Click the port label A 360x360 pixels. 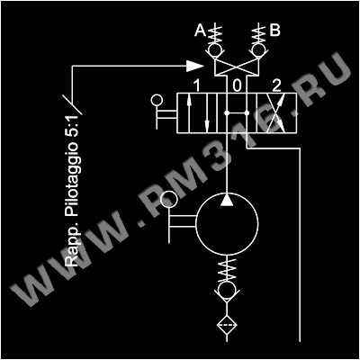tap(200, 31)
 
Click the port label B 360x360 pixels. tap(275, 31)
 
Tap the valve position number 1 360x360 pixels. tap(196, 86)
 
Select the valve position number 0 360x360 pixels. tap(237, 86)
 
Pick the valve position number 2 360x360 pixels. tap(276, 86)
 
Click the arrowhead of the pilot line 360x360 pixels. tap(194, 66)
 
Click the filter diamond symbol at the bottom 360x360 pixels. tap(227, 325)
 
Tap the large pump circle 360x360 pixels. tap(227, 193)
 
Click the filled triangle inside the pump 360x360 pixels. tap(227, 200)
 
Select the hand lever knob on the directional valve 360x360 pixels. tap(157, 100)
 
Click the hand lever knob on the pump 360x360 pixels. tap(169, 200)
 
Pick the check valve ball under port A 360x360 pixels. tap(216, 49)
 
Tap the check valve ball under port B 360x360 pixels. tap(257, 49)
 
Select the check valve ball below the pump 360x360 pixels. tap(227, 290)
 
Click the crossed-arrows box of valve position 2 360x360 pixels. tap(276, 113)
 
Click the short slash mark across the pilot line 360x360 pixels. tap(72, 104)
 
